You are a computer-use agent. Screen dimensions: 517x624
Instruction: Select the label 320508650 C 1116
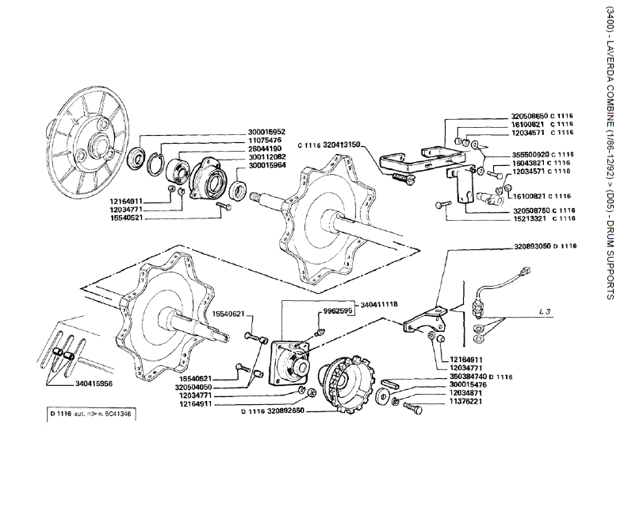tap(542, 117)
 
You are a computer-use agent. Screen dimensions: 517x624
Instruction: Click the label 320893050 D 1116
tap(546, 247)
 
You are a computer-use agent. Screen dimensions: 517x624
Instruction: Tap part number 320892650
tap(286, 412)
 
